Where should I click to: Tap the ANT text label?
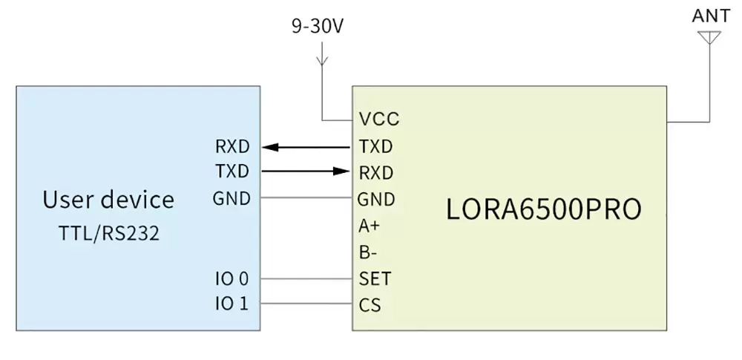click(710, 16)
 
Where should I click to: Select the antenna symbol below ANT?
click(710, 37)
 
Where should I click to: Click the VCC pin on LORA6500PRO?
click(378, 120)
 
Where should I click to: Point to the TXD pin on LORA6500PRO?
click(375, 146)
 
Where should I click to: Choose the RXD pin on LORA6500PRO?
click(376, 173)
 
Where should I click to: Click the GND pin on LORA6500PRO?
click(376, 199)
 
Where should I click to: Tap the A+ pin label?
click(370, 226)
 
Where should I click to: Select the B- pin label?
click(368, 252)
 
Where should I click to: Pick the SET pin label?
click(375, 279)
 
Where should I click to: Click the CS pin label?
click(370, 305)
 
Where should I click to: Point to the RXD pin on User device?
click(232, 145)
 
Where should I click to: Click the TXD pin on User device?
click(232, 171)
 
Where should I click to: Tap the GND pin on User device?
click(232, 198)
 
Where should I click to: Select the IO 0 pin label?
click(232, 279)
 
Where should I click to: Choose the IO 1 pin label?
click(232, 304)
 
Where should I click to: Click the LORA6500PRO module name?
click(543, 209)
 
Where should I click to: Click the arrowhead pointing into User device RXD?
click(272, 147)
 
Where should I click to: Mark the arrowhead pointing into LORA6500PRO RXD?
click(341, 171)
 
